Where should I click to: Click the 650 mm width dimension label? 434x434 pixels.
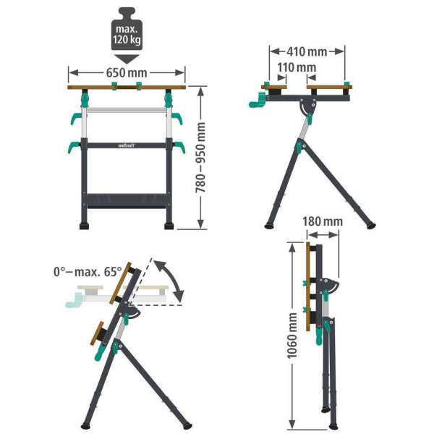[127, 72]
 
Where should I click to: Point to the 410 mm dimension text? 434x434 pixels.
[307, 51]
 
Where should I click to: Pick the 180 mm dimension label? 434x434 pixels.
[323, 220]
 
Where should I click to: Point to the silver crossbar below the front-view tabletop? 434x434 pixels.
[127, 111]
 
